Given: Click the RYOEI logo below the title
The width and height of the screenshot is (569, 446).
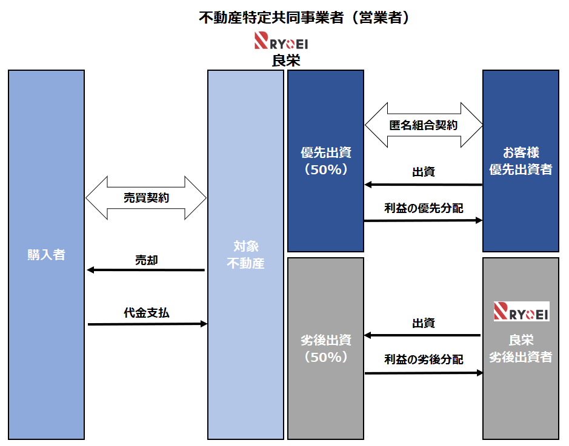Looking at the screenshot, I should [x=281, y=42].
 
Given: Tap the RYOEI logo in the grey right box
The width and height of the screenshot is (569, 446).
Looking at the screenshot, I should [x=521, y=311].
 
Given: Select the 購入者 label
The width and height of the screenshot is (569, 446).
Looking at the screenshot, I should [x=46, y=254].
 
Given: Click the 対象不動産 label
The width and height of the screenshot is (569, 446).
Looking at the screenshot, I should [x=245, y=255].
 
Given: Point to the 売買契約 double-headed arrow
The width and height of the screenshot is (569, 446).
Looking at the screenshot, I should [x=146, y=198].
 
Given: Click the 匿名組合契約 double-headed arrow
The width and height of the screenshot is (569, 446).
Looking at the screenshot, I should [x=423, y=125].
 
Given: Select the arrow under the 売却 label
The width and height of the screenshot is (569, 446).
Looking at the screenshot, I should [x=146, y=270].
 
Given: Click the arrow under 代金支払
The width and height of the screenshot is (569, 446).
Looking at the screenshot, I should [x=147, y=324].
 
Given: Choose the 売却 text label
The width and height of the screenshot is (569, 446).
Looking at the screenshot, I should [x=146, y=260].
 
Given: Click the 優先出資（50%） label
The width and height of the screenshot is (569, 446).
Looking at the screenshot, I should [x=326, y=161].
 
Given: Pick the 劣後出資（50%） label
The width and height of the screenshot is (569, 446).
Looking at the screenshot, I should [x=326, y=349].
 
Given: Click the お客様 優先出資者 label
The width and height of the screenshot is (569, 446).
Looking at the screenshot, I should [x=521, y=161].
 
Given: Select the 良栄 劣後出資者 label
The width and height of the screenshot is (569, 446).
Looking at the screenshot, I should [x=521, y=349].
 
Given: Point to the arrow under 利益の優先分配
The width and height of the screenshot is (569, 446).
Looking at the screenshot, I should [x=423, y=221].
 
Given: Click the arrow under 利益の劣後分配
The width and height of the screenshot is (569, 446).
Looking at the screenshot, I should [x=423, y=373].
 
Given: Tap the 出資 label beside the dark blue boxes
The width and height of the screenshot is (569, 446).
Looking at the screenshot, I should [x=424, y=172].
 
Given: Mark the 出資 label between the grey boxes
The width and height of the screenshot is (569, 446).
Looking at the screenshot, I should [x=424, y=323].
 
